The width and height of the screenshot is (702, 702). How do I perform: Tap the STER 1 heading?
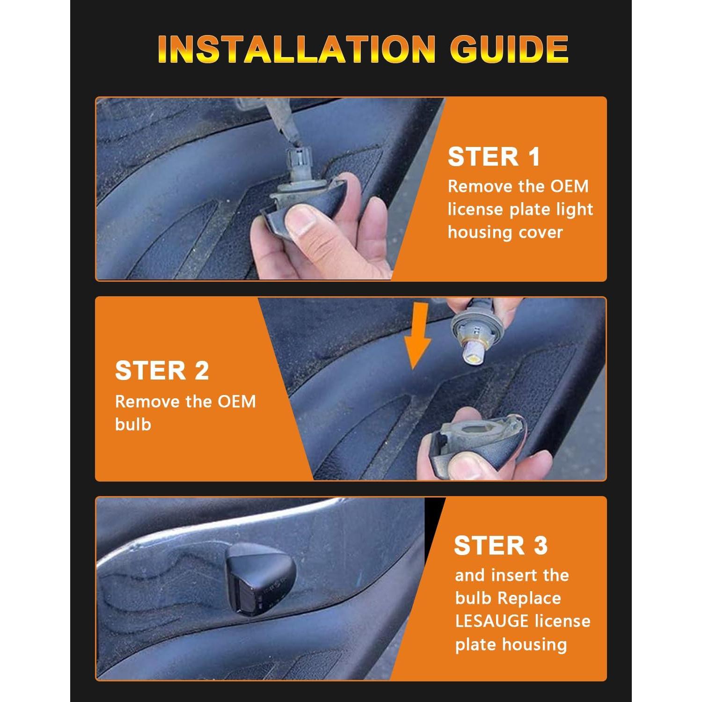pyautogui.click(x=494, y=157)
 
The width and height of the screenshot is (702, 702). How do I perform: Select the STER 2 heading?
pyautogui.click(x=162, y=371)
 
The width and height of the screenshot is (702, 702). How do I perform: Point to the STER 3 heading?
pyautogui.click(x=500, y=546)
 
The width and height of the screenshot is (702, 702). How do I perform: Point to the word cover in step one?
pyautogui.click(x=541, y=232)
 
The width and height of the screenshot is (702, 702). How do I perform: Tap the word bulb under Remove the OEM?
pyautogui.click(x=133, y=424)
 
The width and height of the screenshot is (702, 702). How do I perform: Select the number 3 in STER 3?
pyautogui.click(x=540, y=546)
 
